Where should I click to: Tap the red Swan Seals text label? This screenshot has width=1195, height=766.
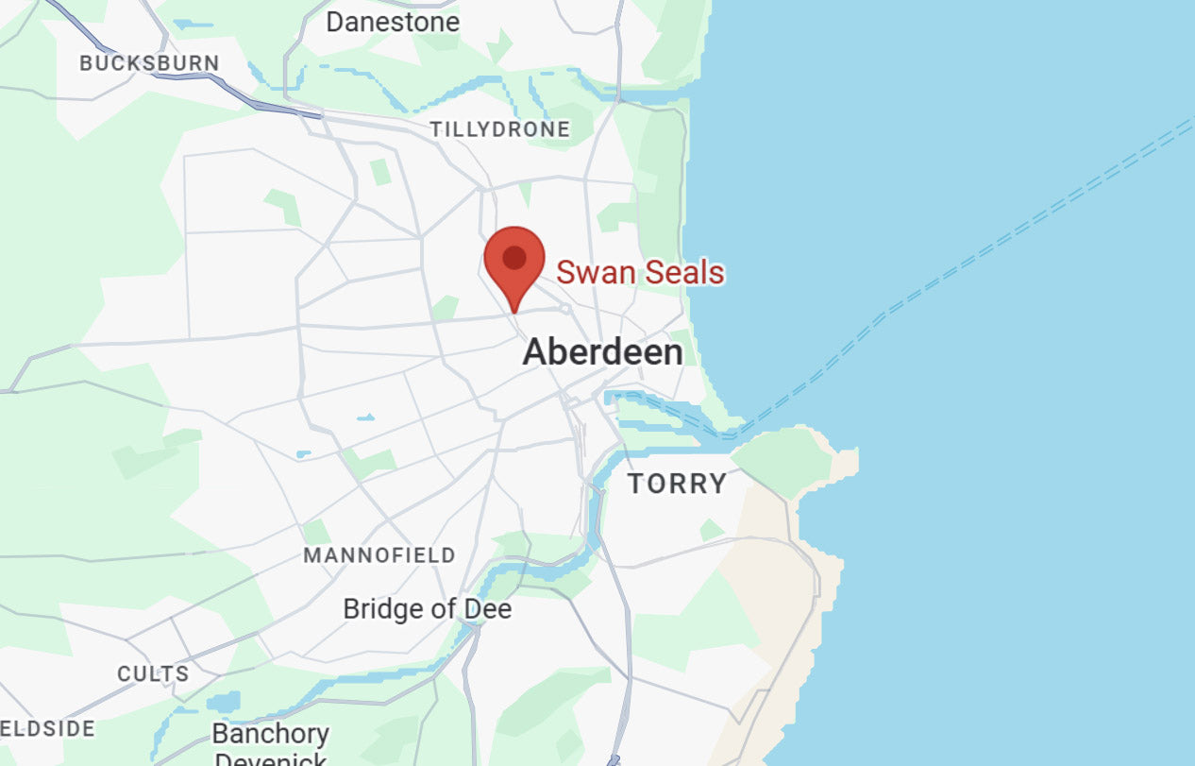[640, 273]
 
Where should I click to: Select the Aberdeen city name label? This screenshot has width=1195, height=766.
[602, 352]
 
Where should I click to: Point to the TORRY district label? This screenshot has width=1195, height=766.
[678, 484]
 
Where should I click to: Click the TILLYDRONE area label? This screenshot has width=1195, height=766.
[500, 129]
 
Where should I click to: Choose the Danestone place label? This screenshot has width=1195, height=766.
[393, 22]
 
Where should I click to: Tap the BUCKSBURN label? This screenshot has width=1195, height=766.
[149, 63]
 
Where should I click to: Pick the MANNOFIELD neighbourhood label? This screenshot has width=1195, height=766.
[379, 555]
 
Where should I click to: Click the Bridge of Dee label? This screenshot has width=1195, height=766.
[427, 609]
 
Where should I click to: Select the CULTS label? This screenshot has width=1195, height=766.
[153, 674]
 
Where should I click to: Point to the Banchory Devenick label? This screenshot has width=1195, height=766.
[271, 741]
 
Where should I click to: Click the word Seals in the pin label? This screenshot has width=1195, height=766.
[682, 273]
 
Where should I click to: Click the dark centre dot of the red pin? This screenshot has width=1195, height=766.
[514, 257]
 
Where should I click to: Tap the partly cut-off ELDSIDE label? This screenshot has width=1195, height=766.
[47, 729]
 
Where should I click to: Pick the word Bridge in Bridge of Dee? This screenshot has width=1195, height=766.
[379, 609]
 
